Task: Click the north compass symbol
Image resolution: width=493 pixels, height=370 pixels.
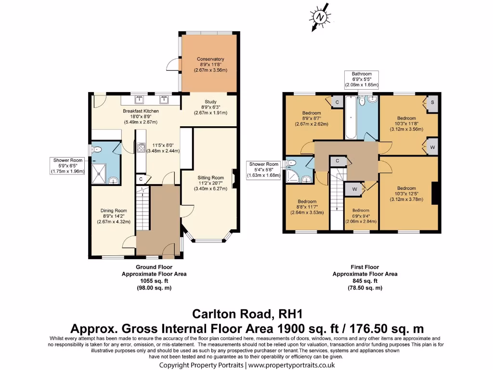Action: [320, 17]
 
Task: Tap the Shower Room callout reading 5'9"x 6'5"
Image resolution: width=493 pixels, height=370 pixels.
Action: [68, 166]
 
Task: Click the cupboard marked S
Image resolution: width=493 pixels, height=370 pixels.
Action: [432, 103]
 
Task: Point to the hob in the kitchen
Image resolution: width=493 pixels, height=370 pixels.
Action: [141, 148]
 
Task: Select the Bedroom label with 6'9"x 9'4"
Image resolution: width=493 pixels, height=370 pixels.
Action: [361, 216]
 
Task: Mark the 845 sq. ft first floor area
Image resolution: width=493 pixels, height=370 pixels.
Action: [365, 281]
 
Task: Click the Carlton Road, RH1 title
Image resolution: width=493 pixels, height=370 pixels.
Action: [247, 314]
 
